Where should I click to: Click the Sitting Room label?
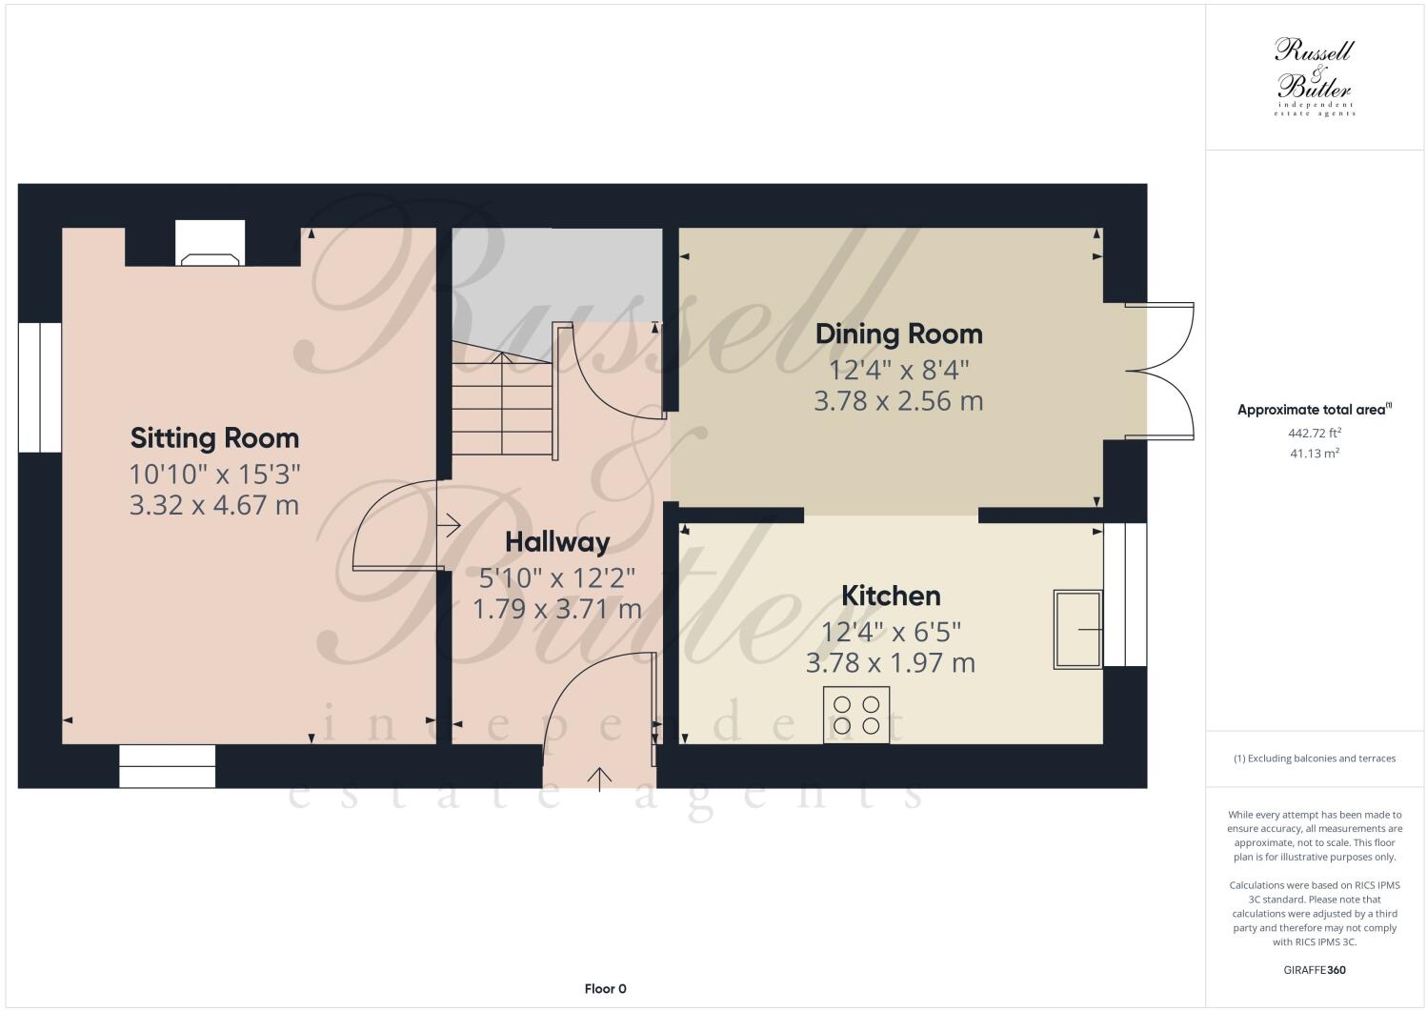[x=214, y=438]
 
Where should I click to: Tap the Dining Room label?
[x=898, y=334]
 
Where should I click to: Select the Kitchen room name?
[x=891, y=596]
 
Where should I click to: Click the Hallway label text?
[x=556, y=542]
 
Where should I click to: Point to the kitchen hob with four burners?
[x=855, y=715]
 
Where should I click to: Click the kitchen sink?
[x=1077, y=630]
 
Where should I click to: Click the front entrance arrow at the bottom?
[x=599, y=778]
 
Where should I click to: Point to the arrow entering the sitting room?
[x=449, y=524]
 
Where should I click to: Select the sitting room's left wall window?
[x=40, y=387]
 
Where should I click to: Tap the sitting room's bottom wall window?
[x=167, y=766]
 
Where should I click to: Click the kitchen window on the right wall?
[x=1125, y=594]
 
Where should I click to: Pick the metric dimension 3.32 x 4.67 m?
[x=214, y=505]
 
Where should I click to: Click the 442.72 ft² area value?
[x=1314, y=433]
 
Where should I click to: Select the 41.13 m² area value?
[x=1314, y=454]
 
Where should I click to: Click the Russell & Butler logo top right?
[x=1314, y=76]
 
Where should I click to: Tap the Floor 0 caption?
[x=605, y=989]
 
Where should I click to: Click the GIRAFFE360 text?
[x=1314, y=971]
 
